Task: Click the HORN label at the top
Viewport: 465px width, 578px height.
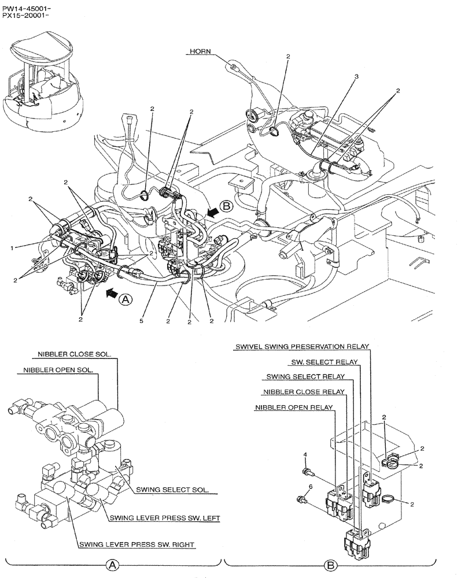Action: coord(200,52)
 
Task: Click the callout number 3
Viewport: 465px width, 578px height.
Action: coord(356,77)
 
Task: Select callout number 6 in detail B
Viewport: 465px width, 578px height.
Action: coord(310,487)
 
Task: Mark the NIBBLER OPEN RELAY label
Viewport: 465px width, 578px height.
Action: coord(294,407)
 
